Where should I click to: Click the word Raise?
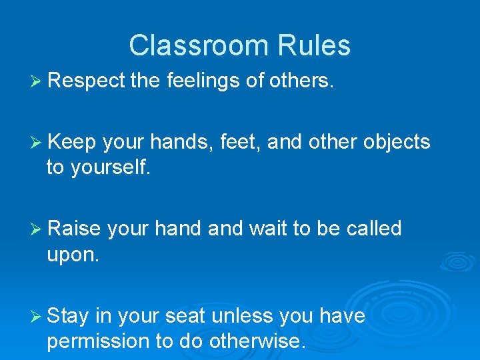[x=74, y=229]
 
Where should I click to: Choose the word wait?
[x=271, y=229]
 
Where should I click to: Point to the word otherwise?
[x=257, y=341]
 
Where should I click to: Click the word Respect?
[x=87, y=81]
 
